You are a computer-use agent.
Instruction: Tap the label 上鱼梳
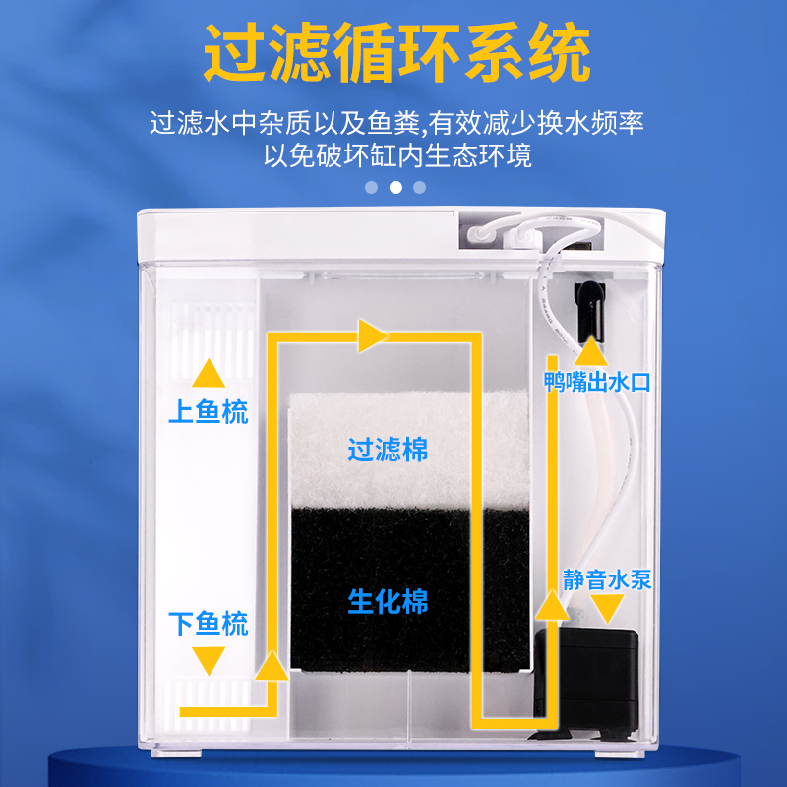[x=208, y=411]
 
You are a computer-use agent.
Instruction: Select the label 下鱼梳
[x=208, y=623]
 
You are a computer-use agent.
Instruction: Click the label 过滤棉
[x=388, y=450]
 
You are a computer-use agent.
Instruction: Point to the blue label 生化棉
[x=388, y=600]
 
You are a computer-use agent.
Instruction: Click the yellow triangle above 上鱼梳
[x=208, y=373]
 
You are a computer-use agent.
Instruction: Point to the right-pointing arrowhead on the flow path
[x=371, y=336]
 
